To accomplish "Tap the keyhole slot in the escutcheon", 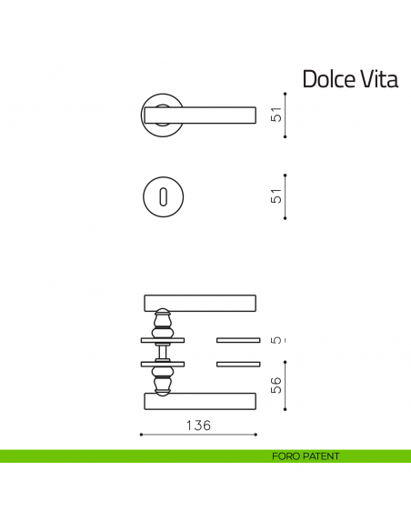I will pyautogui.click(x=164, y=195).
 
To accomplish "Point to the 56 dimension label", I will pyautogui.click(x=276, y=385).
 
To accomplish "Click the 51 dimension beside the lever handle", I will pyautogui.click(x=276, y=115).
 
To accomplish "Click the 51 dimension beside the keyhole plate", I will pyautogui.click(x=276, y=195).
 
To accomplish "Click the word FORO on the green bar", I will pyautogui.click(x=285, y=456).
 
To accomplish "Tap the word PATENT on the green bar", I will pyautogui.click(x=319, y=456).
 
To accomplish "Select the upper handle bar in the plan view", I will pyautogui.click(x=200, y=302).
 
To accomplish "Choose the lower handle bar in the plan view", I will pyautogui.click(x=200, y=400).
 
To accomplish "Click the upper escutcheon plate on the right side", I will pyautogui.click(x=238, y=340).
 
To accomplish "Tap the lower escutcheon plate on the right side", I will pyautogui.click(x=238, y=365).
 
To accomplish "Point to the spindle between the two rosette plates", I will pyautogui.click(x=163, y=352).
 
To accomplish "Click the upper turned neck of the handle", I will pyautogui.click(x=163, y=322).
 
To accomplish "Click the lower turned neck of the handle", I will pyautogui.click(x=163, y=382).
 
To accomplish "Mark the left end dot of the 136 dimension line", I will pyautogui.click(x=141, y=435).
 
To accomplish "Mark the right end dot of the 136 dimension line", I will pyautogui.click(x=256, y=435).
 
